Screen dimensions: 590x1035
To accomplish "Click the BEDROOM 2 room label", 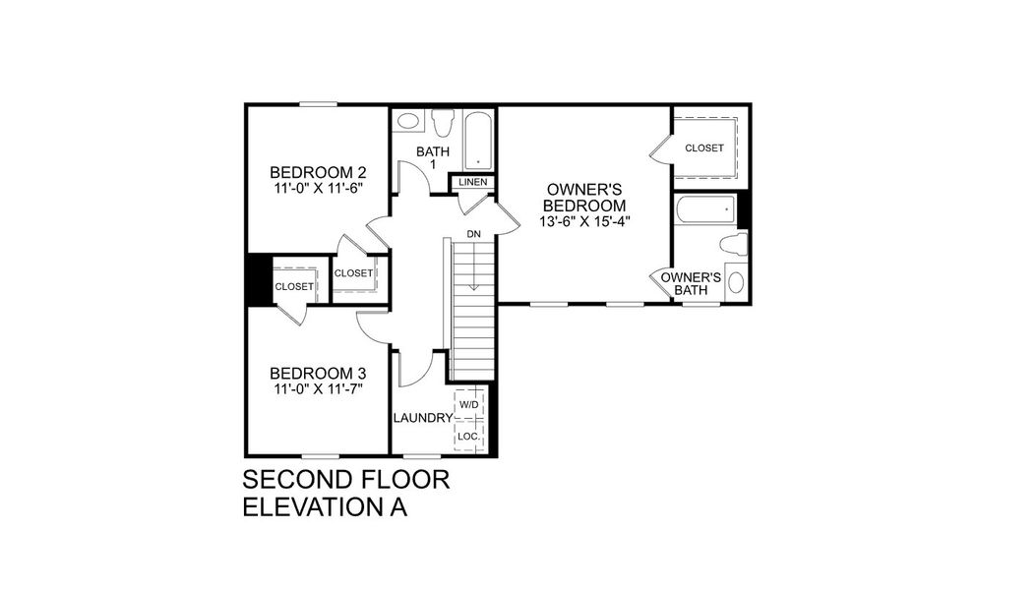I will coord(318,169).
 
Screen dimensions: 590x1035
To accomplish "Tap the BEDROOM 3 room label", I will coord(318,374).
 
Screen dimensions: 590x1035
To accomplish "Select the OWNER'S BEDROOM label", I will coord(586,197).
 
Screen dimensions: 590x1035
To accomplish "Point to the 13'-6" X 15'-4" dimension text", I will coord(586,221).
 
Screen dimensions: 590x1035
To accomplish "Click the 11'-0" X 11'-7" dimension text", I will coord(318,390).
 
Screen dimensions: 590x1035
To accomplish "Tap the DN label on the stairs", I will coord(474,234).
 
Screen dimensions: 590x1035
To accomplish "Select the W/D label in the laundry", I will coord(468,404).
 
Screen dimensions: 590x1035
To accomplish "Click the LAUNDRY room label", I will coord(422,418).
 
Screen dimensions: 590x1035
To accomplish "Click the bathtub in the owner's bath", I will coord(704,209).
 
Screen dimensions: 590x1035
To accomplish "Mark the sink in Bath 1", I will coord(407,123).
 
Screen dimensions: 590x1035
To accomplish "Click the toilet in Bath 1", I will coord(442,123).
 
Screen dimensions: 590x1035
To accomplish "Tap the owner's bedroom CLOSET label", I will coord(704,148).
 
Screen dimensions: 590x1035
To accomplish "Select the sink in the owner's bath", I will coord(737,282).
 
